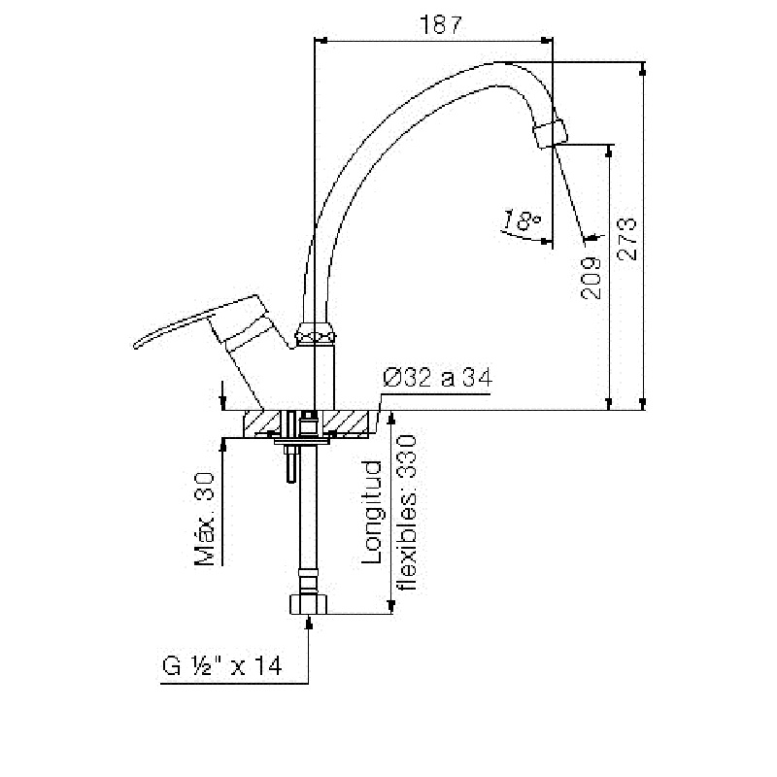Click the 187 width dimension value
[x=441, y=24]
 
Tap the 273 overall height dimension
[x=627, y=239]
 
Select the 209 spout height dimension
[x=591, y=278]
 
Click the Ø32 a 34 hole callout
[x=438, y=378]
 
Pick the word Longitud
[x=372, y=513]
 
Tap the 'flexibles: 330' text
[x=409, y=513]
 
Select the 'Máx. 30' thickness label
[x=204, y=519]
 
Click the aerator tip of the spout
[x=550, y=133]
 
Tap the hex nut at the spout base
[x=316, y=332]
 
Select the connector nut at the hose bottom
[x=308, y=604]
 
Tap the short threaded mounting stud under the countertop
[x=289, y=463]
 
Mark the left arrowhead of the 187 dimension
[x=321, y=41]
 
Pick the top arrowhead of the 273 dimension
[x=643, y=69]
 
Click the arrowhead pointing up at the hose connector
[x=309, y=622]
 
